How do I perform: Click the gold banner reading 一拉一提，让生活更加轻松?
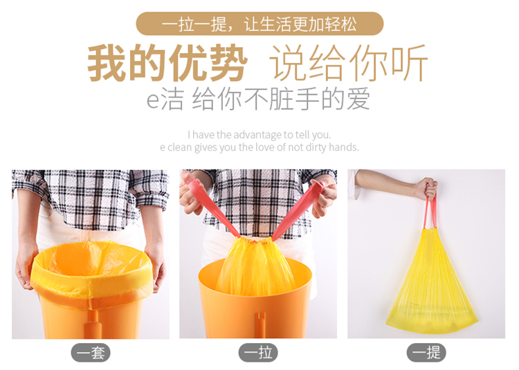coord(259,24)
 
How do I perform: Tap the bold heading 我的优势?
coord(167,63)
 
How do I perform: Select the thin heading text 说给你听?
coord(349,63)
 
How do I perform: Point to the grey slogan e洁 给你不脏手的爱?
coord(258,98)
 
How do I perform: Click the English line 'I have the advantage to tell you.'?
coord(259,135)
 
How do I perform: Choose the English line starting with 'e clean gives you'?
coord(259,147)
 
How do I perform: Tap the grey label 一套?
coord(91,353)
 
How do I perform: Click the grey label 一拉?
coord(258,353)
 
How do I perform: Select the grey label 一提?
coord(426,353)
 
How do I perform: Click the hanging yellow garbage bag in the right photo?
coord(431,284)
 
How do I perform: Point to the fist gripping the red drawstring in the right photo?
coord(427,189)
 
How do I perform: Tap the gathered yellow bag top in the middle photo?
coord(255,264)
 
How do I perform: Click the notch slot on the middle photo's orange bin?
coord(261,318)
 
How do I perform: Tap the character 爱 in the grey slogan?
coord(358,98)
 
